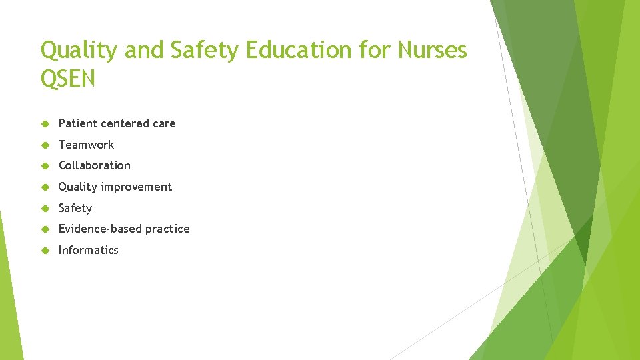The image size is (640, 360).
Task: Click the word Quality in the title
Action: click(78, 51)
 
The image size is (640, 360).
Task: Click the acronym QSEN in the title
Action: click(68, 79)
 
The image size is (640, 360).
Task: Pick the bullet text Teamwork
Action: click(86, 145)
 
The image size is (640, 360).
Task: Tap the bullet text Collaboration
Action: click(95, 165)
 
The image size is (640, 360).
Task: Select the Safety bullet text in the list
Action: click(75, 208)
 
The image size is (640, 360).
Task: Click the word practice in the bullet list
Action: click(167, 229)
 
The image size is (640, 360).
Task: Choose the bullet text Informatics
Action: click(89, 250)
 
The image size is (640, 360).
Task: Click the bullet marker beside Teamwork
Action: click(45, 145)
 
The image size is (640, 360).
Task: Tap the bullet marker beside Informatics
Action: click(45, 251)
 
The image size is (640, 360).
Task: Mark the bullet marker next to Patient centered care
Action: click(45, 123)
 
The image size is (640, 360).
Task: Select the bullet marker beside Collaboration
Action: click(45, 166)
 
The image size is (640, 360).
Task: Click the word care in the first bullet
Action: click(164, 123)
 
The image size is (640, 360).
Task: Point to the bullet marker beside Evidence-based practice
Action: click(45, 229)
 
